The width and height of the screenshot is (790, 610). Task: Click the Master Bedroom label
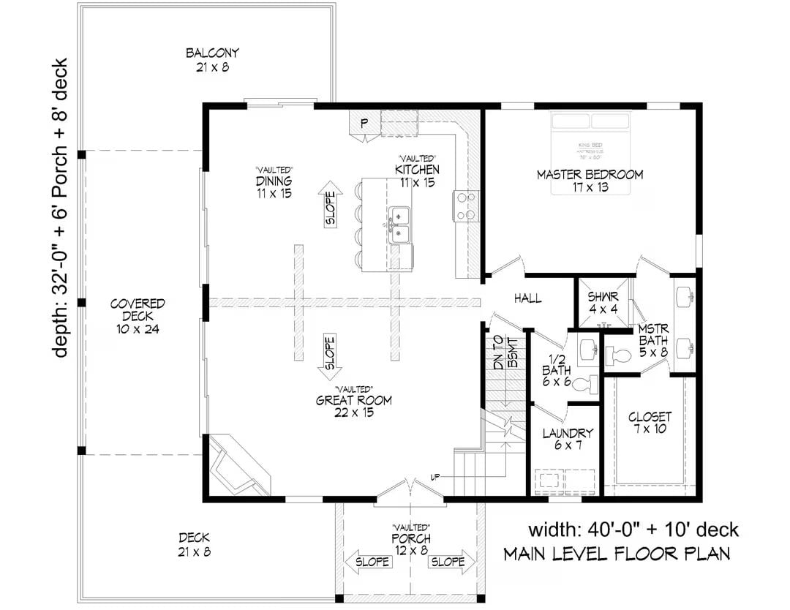[590, 181]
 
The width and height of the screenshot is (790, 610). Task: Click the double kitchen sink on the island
[399, 225]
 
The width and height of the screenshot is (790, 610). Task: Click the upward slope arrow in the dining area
[329, 204]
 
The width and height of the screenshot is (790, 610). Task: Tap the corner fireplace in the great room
[238, 464]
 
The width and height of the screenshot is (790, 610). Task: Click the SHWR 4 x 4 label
[603, 303]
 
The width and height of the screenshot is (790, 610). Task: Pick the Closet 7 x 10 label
[650, 423]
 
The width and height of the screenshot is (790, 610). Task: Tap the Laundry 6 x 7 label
[567, 439]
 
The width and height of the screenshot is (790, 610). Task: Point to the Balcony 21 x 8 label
[212, 60]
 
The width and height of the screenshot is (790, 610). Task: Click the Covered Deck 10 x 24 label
[138, 316]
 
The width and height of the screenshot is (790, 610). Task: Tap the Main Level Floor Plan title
[616, 554]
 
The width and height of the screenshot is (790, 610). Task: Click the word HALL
[527, 298]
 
